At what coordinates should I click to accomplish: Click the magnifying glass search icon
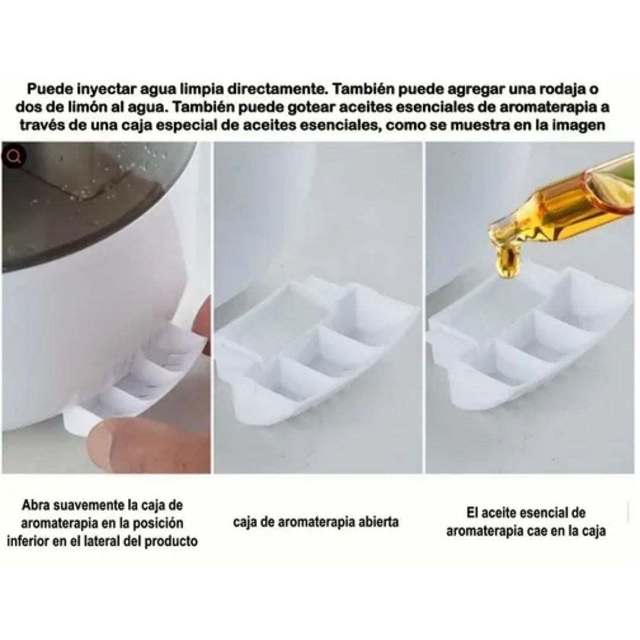(x=15, y=156)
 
